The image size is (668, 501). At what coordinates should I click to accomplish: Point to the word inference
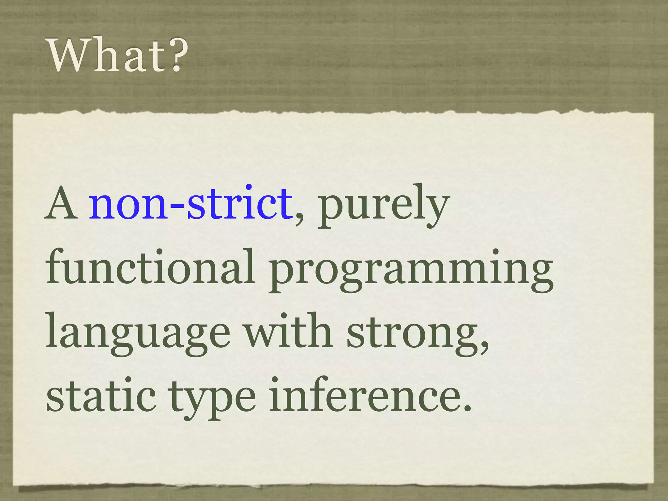point(365,395)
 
